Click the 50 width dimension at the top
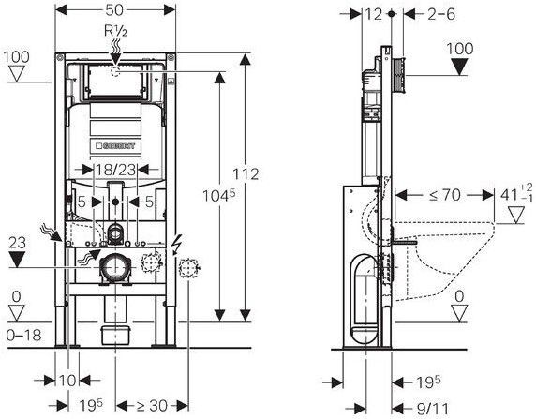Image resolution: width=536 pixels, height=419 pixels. click(x=114, y=10)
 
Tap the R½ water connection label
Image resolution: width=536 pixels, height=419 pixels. click(x=115, y=31)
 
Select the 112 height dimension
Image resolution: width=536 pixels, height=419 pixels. click(x=246, y=174)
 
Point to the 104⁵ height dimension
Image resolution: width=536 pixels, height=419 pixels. click(x=219, y=196)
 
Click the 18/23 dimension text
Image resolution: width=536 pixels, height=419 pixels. click(x=115, y=170)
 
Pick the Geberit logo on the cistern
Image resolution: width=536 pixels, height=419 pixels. click(x=115, y=146)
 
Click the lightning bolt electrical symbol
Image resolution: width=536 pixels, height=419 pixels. click(x=176, y=245)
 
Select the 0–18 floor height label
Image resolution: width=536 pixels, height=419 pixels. click(x=24, y=336)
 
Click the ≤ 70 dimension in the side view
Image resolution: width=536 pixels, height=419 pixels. click(x=445, y=195)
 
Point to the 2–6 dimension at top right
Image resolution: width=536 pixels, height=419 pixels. click(x=441, y=14)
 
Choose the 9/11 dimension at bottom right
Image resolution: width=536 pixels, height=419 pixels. click(x=432, y=409)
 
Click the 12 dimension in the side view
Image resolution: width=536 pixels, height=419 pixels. click(x=373, y=14)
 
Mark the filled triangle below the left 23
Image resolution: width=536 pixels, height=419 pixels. click(x=17, y=260)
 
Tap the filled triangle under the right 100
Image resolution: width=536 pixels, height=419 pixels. click(x=460, y=67)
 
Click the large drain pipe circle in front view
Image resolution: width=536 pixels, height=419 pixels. click(x=115, y=268)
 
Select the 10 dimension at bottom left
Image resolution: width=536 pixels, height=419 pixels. click(x=67, y=381)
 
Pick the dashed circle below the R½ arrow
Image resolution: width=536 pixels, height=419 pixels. click(x=115, y=72)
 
